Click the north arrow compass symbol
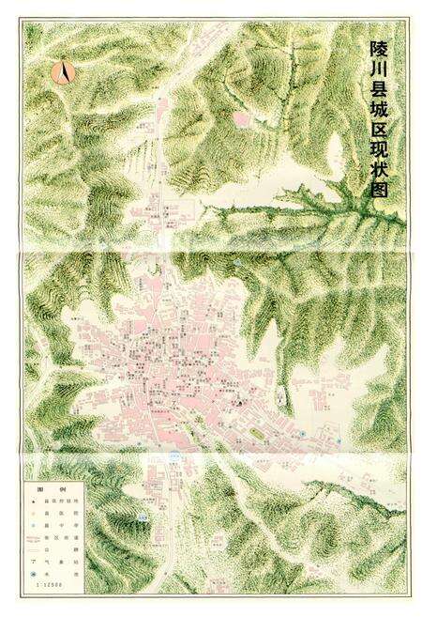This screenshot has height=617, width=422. coord(64,69)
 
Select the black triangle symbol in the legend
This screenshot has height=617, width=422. coord(34,501)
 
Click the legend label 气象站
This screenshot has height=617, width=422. coord(61,562)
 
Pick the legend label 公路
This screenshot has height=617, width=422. coord(61,549)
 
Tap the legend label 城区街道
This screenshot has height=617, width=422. coord(61,537)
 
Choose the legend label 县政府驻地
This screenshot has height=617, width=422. coord(61,501)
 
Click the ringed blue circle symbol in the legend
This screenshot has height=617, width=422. coord(33,574)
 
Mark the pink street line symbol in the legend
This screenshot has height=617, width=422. coord(34,538)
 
